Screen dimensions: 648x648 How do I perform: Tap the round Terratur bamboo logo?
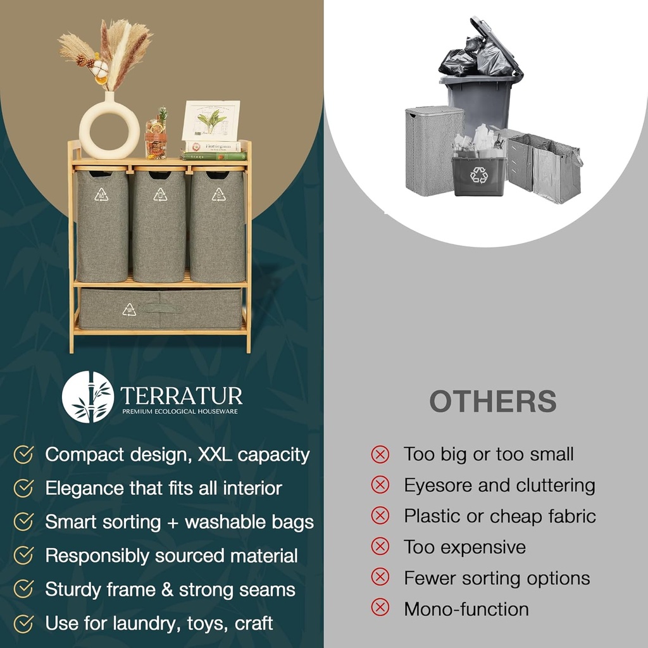87,397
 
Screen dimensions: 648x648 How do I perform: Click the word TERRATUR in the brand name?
182,396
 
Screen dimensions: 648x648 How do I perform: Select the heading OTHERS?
493,401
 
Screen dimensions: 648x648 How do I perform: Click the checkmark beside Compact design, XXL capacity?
23,454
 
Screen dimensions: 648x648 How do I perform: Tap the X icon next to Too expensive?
380,547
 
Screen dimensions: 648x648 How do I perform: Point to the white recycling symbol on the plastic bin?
478,175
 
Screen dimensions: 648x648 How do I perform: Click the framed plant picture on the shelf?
211,121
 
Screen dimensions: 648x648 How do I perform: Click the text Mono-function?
466,609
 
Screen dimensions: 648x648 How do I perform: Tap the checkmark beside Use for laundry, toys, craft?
23,623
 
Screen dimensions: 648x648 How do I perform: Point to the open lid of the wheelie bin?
497,46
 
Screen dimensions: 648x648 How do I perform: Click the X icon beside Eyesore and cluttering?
380,485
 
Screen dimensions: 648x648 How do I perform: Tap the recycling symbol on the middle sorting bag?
160,194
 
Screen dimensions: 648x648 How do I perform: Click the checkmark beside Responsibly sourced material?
23,556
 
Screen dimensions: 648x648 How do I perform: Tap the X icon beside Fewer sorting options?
380,577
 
